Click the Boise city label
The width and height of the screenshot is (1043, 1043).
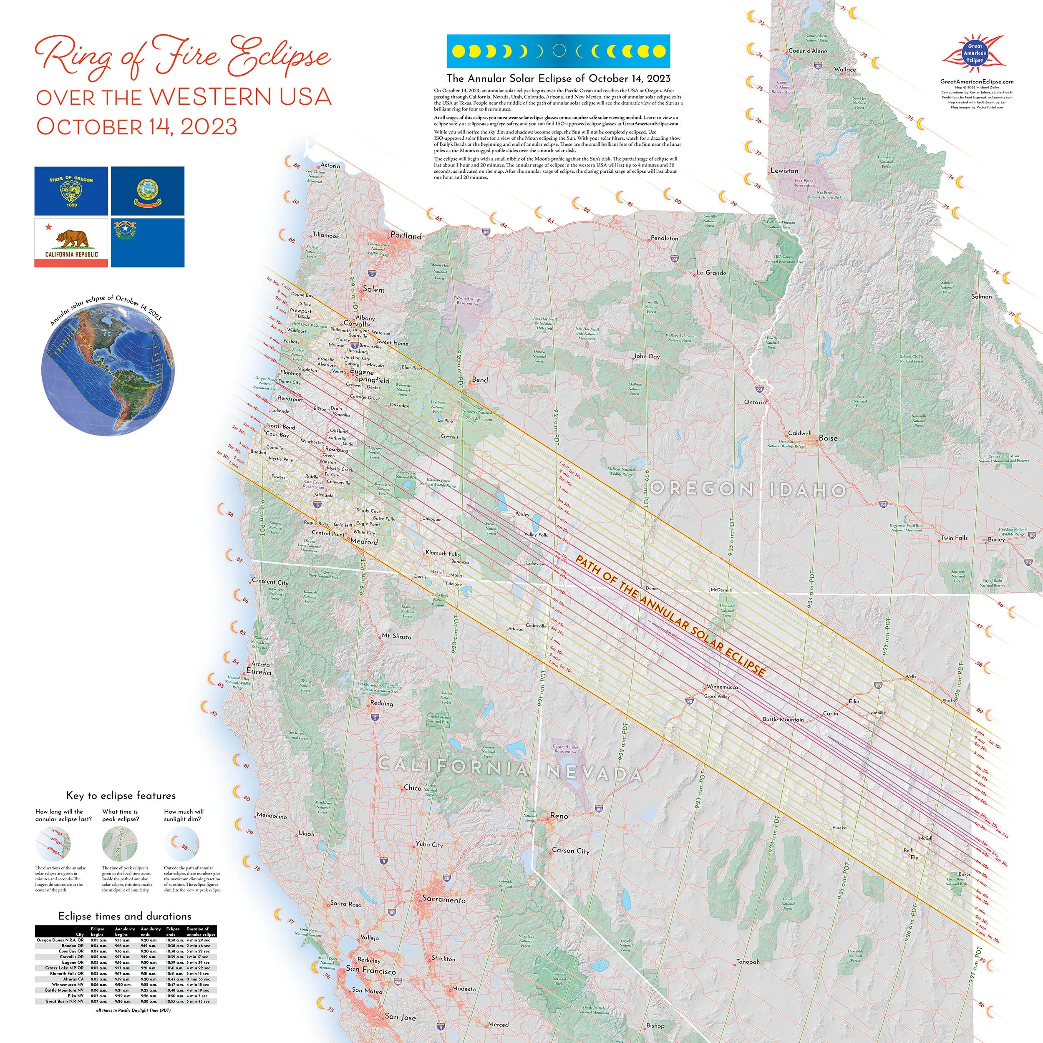coord(828,438)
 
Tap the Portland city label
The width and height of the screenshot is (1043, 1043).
coord(406,236)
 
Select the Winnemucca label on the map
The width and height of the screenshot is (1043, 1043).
coord(722,687)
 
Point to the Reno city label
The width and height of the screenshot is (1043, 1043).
coord(559,816)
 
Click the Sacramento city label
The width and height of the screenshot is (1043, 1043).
coord(444,899)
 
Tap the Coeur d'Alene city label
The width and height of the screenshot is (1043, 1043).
coord(807,51)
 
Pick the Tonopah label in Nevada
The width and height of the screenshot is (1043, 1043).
coord(748,962)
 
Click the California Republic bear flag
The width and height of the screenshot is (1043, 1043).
coord(71,242)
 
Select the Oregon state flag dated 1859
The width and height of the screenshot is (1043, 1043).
coord(71,191)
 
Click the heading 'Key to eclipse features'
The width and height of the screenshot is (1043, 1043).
coord(121,795)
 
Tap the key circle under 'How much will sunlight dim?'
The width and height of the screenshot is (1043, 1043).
coord(182,843)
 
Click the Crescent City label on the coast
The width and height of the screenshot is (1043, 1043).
coord(270,582)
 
